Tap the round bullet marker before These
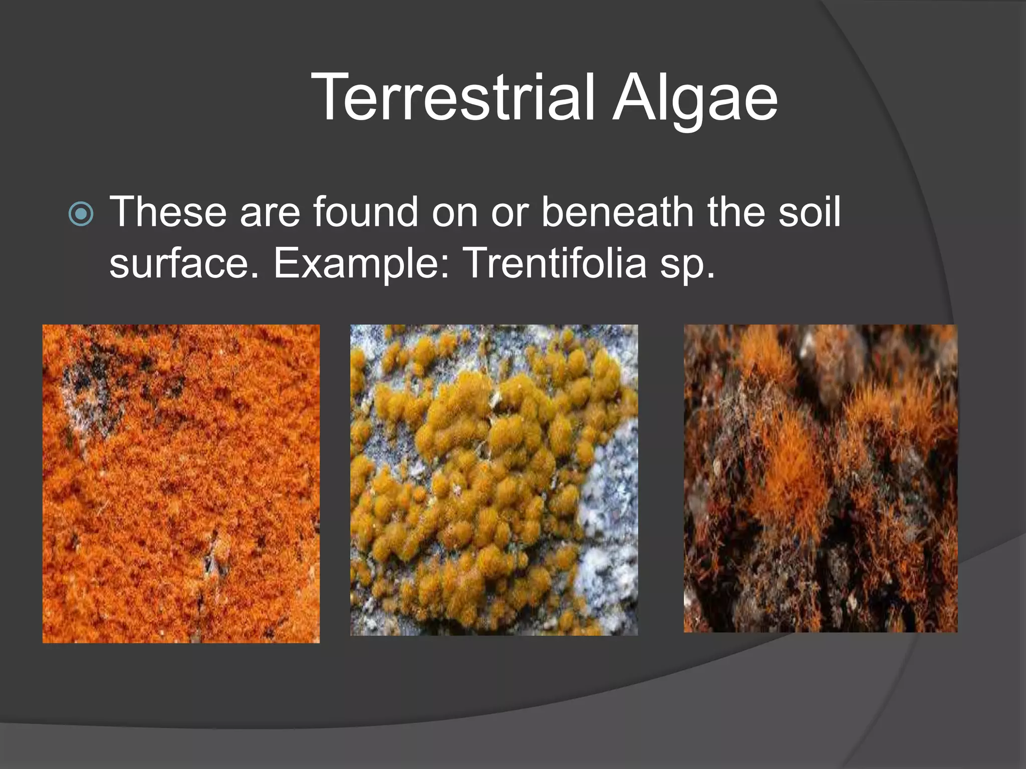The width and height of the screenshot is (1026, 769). coord(81,214)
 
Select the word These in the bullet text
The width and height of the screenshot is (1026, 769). coord(168,212)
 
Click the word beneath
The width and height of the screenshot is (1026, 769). coord(617,212)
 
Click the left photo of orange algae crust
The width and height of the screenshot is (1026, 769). coord(181,483)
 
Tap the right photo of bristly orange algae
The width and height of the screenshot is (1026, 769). coord(820,478)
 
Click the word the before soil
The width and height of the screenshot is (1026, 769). coord(735,212)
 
